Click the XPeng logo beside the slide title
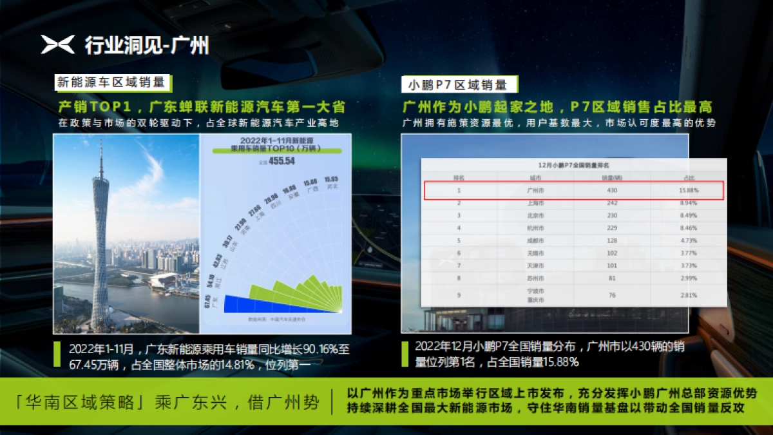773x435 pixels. (58, 44)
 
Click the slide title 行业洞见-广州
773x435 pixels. (146, 45)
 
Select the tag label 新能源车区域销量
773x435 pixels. (111, 82)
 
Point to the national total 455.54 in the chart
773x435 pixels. (282, 161)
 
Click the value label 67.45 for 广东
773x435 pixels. (207, 301)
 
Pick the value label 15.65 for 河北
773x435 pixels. (332, 179)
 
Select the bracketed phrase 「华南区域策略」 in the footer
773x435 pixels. (83, 403)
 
